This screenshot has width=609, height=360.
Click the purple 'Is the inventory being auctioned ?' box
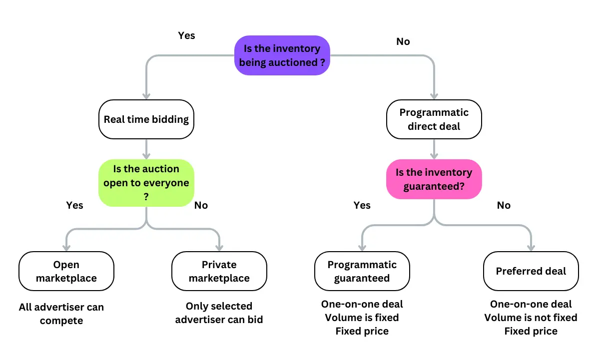282,55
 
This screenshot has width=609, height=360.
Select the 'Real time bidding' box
146,119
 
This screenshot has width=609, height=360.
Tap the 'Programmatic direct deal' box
434,119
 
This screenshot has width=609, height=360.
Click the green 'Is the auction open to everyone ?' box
146,183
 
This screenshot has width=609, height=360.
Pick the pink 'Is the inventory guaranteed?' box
434,179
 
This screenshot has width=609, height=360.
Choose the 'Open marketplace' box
66,271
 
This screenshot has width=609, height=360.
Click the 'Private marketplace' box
219,271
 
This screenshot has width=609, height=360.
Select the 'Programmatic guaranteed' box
362,271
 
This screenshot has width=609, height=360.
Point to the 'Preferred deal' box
531,271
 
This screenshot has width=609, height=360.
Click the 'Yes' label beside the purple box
186,35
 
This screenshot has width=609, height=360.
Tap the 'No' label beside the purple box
403,41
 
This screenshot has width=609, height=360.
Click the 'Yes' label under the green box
74,205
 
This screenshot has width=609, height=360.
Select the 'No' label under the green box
201,205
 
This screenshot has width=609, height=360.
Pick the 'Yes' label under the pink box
362,205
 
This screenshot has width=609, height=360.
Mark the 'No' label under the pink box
504,205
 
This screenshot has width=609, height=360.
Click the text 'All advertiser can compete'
61,314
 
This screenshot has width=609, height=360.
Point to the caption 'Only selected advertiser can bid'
219,313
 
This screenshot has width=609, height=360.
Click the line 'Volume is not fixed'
531,318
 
